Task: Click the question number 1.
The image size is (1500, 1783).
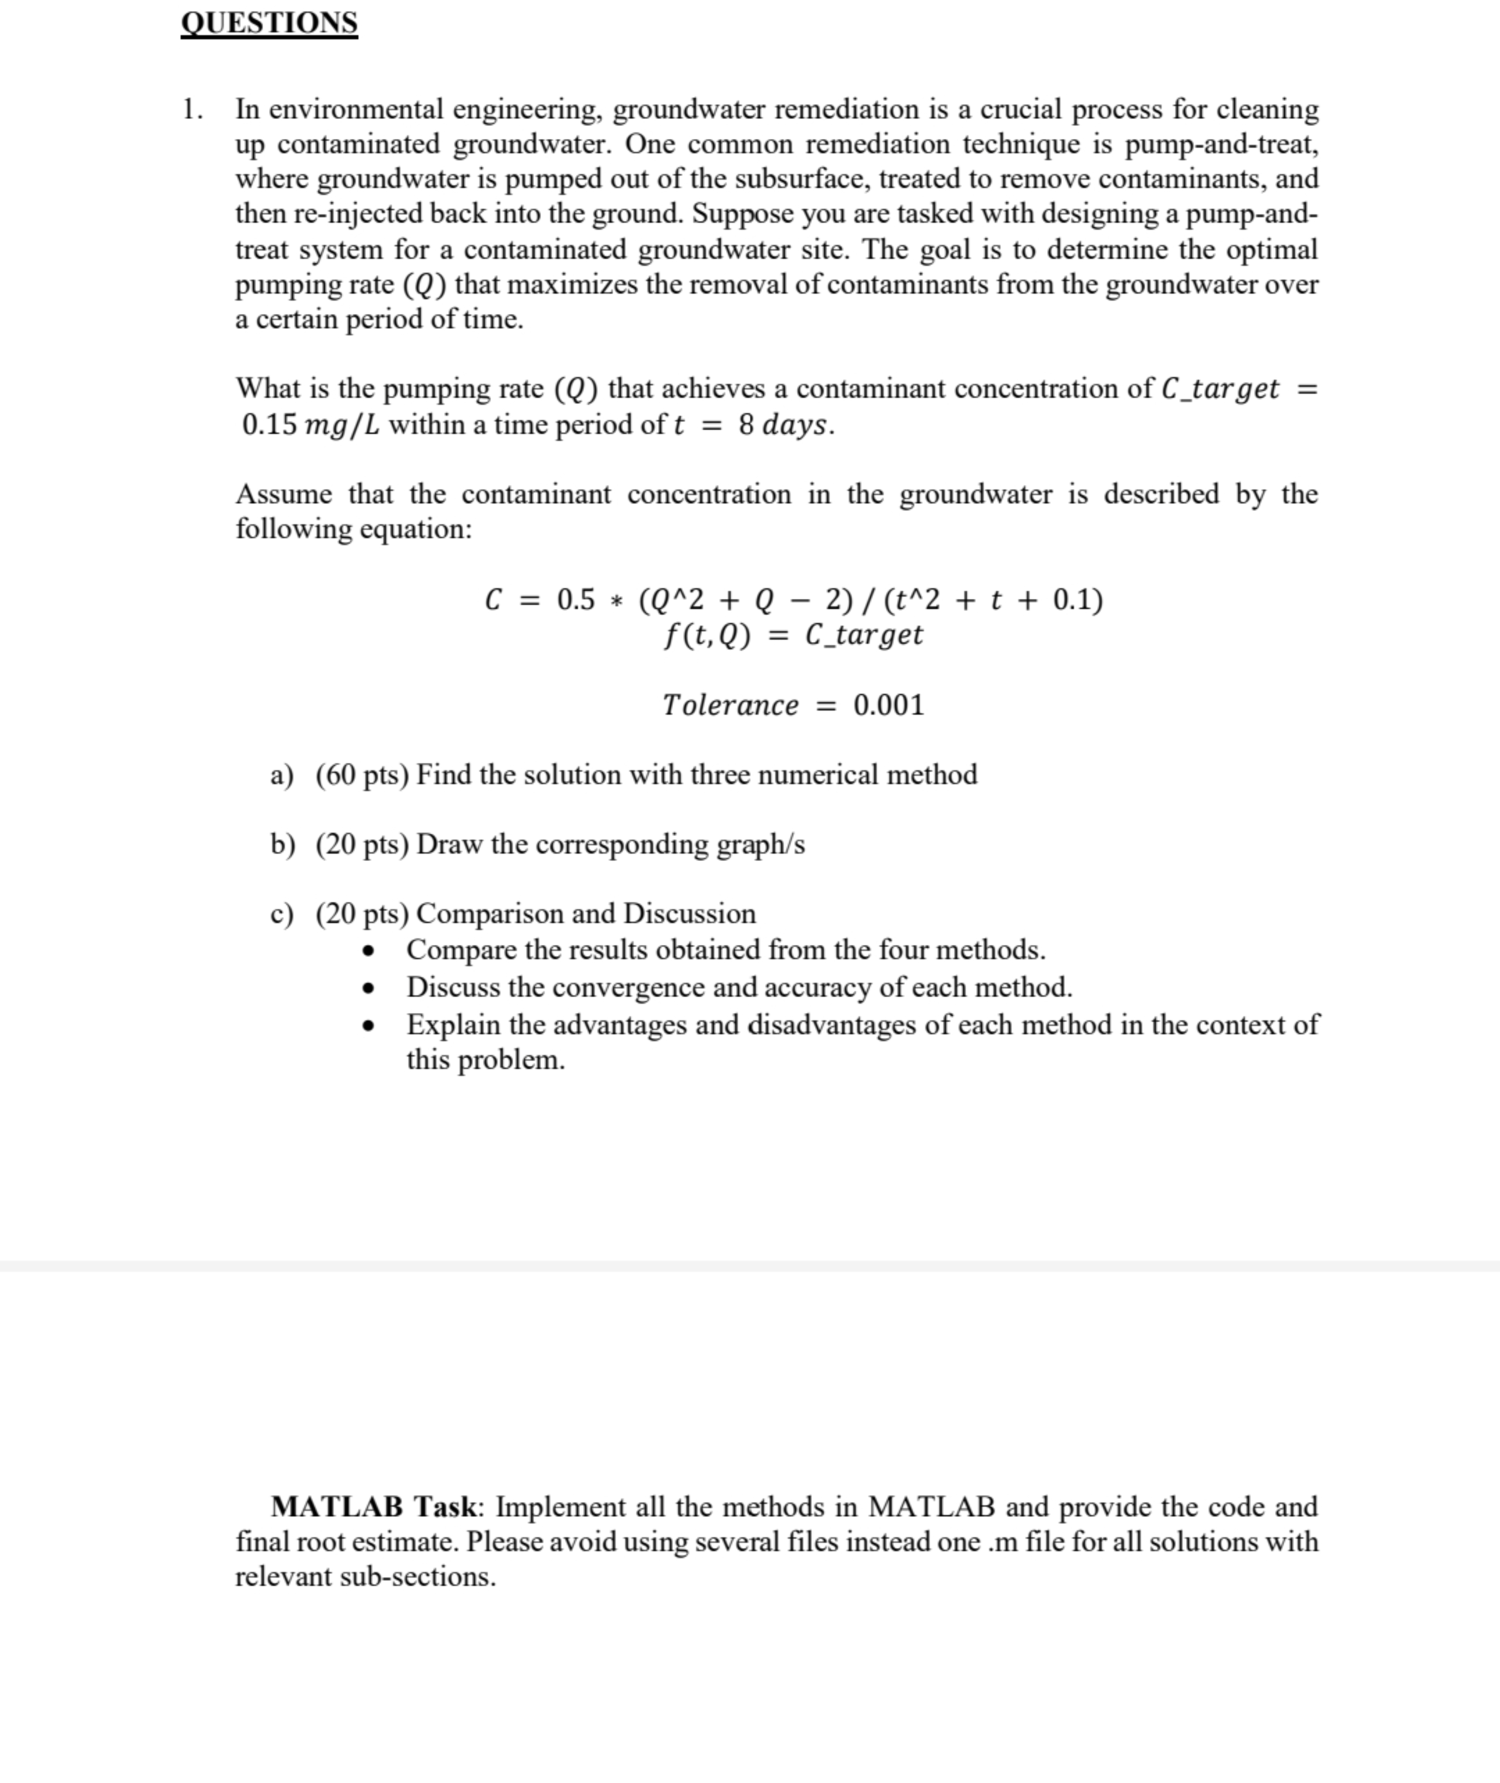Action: pyautogui.click(x=192, y=110)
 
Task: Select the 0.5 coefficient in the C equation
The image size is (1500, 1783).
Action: pyautogui.click(x=576, y=601)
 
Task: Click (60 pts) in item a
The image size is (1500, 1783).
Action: pyautogui.click(x=362, y=774)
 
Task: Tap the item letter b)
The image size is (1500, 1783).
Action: pyautogui.click(x=282, y=844)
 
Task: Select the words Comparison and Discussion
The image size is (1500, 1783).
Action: pyautogui.click(x=585, y=913)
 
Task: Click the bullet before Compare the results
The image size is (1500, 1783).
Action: pyautogui.click(x=368, y=950)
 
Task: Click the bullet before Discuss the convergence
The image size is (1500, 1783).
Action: pyautogui.click(x=368, y=988)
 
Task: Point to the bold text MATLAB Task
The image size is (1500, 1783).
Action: pyautogui.click(x=375, y=1507)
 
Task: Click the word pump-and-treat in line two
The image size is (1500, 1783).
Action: pyautogui.click(x=1221, y=144)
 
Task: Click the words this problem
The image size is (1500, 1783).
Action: pyautogui.click(x=485, y=1060)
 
